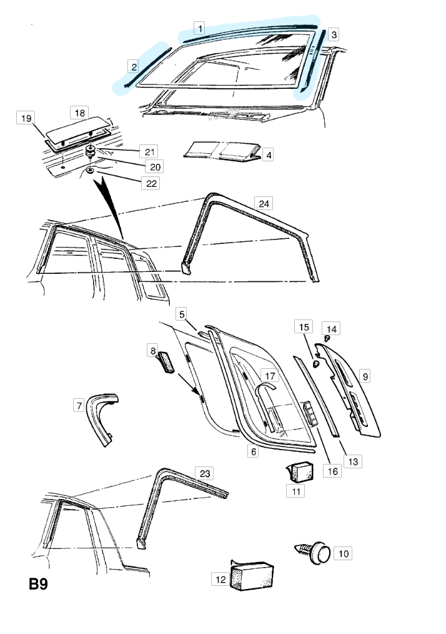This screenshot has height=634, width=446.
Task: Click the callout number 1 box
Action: click(199, 28)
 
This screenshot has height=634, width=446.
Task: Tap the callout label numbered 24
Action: click(264, 203)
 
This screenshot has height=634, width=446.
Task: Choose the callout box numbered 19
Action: click(26, 118)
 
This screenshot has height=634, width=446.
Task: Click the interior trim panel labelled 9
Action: click(353, 388)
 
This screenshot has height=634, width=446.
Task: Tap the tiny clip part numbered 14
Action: click(326, 338)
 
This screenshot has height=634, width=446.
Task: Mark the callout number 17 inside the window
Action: click(270, 376)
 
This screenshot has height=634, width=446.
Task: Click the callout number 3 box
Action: click(334, 34)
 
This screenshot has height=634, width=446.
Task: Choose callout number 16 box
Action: click(334, 471)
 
